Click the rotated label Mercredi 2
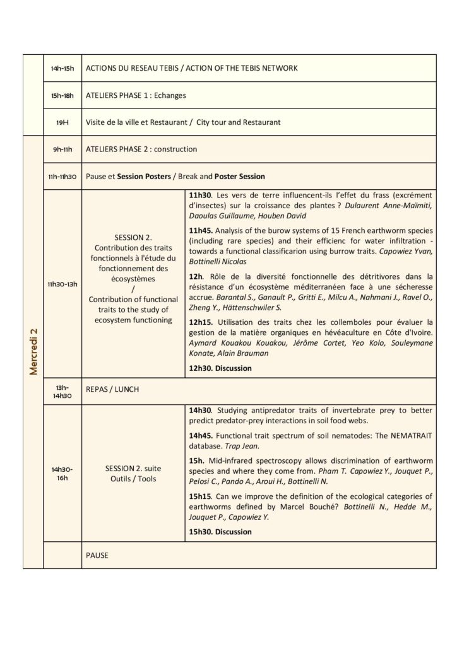coord(33,351)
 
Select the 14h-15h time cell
coord(62,68)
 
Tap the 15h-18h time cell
coord(62,95)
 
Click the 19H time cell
coord(62,122)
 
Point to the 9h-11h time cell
coord(62,150)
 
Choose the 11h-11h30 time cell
coord(62,177)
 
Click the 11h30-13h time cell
coord(62,284)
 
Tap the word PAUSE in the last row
coord(97,555)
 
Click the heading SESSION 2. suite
coord(133,468)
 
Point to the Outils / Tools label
coord(133,478)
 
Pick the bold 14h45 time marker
coord(200,436)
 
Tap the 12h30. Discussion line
coord(220,368)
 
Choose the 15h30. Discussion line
coord(220,532)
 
